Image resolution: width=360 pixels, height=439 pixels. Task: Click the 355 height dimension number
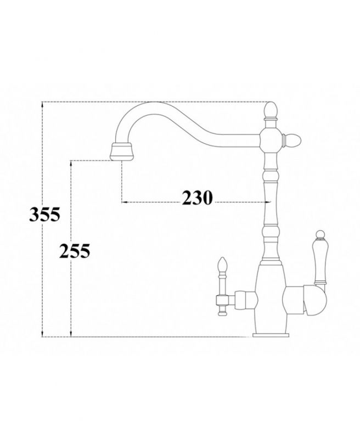click(x=44, y=215)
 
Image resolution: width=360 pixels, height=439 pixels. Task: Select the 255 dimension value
click(x=74, y=251)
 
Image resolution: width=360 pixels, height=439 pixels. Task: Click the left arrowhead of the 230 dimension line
click(x=122, y=202)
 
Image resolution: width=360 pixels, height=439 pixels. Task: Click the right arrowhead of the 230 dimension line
click(x=269, y=202)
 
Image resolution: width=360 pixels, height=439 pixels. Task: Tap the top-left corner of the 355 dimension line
click(x=43, y=103)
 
